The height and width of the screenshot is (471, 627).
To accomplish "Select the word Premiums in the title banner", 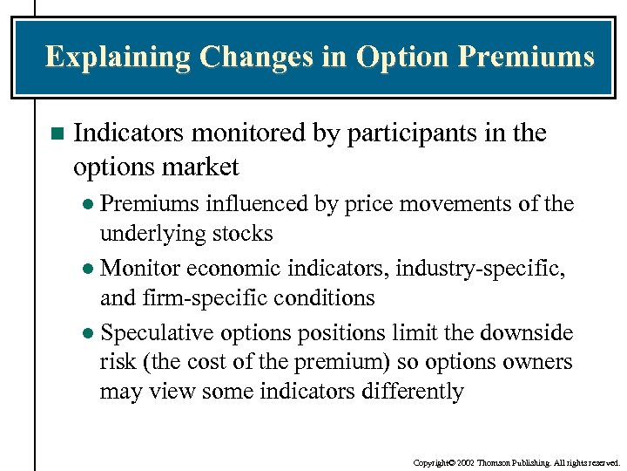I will (526, 58).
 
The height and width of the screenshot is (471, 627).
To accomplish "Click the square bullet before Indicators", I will (57, 134).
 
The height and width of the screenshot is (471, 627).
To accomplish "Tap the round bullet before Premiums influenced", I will (91, 205).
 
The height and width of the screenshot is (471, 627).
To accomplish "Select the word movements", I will (448, 204).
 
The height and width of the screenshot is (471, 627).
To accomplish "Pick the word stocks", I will (245, 234).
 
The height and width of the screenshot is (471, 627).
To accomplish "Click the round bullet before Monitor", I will (91, 270).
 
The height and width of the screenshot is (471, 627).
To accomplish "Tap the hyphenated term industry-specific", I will (480, 268).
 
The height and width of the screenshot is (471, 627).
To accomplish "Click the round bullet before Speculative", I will (91, 334).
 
